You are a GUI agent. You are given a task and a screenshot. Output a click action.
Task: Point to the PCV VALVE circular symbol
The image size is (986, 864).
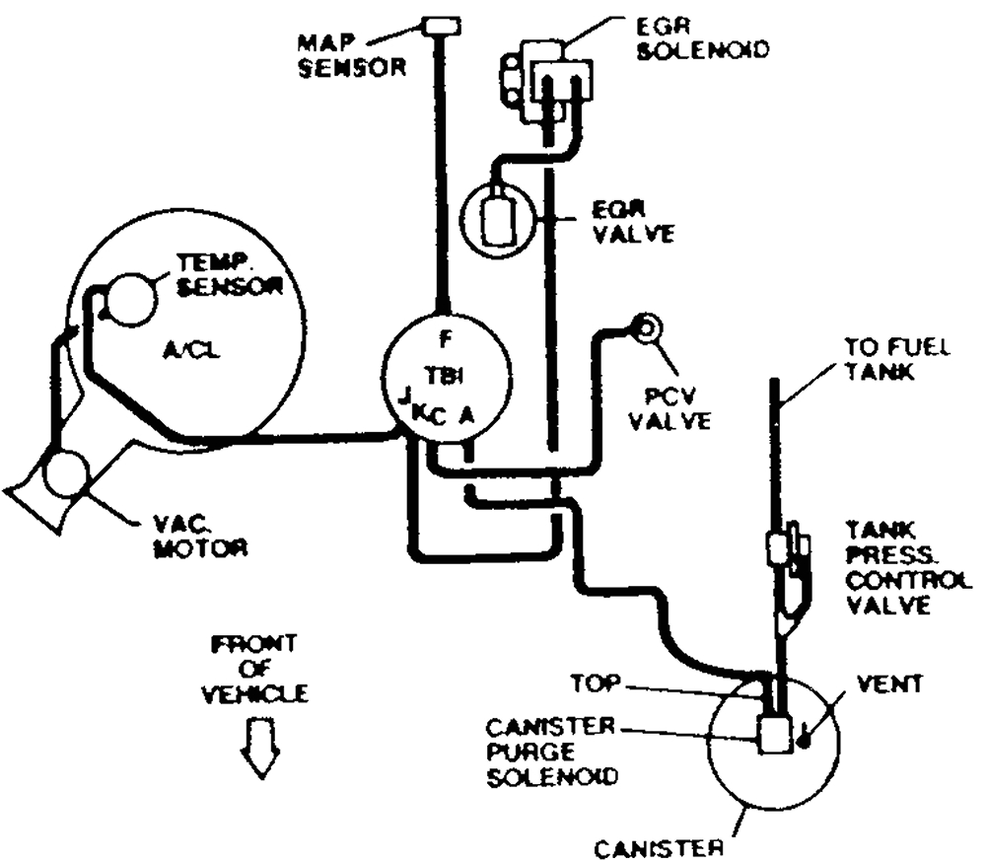pyautogui.click(x=646, y=327)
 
